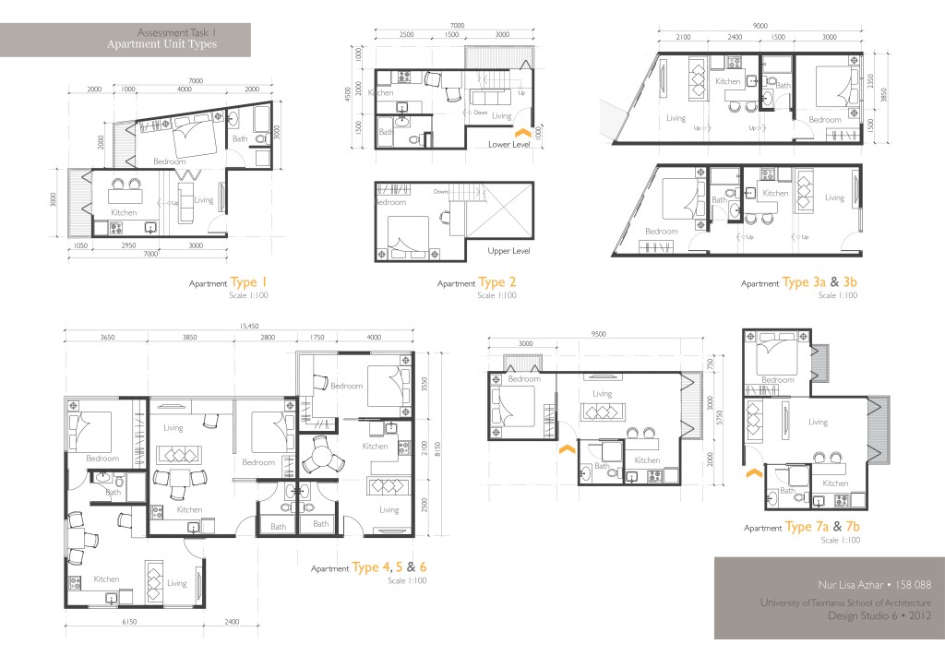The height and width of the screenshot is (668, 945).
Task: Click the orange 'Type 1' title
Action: tap(248, 282)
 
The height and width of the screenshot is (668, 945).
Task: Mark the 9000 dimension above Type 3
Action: tap(760, 26)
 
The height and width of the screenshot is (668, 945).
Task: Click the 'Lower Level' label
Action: tap(509, 144)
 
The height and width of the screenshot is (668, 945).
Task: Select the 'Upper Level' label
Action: tap(509, 251)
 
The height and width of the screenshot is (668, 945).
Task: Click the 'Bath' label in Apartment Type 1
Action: tap(240, 139)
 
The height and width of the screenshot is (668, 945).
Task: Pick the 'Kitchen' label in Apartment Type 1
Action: tap(123, 212)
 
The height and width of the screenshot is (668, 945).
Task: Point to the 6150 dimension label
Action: tap(128, 623)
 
